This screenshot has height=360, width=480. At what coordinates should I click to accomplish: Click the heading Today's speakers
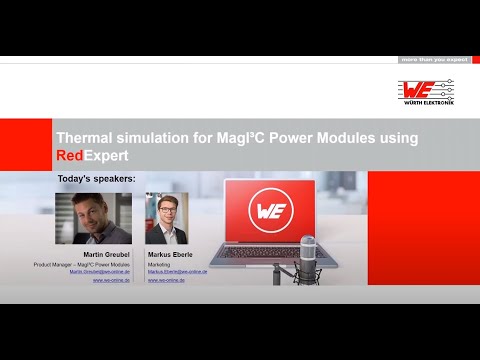point(96,179)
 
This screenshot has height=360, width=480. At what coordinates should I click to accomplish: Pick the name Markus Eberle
point(169,254)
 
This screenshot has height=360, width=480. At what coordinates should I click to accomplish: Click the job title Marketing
point(158,263)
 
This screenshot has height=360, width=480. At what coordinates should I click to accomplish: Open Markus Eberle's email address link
point(177,271)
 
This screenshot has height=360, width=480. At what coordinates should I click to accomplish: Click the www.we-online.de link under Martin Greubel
point(107,280)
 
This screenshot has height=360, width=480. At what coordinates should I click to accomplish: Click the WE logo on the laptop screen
point(267,213)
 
